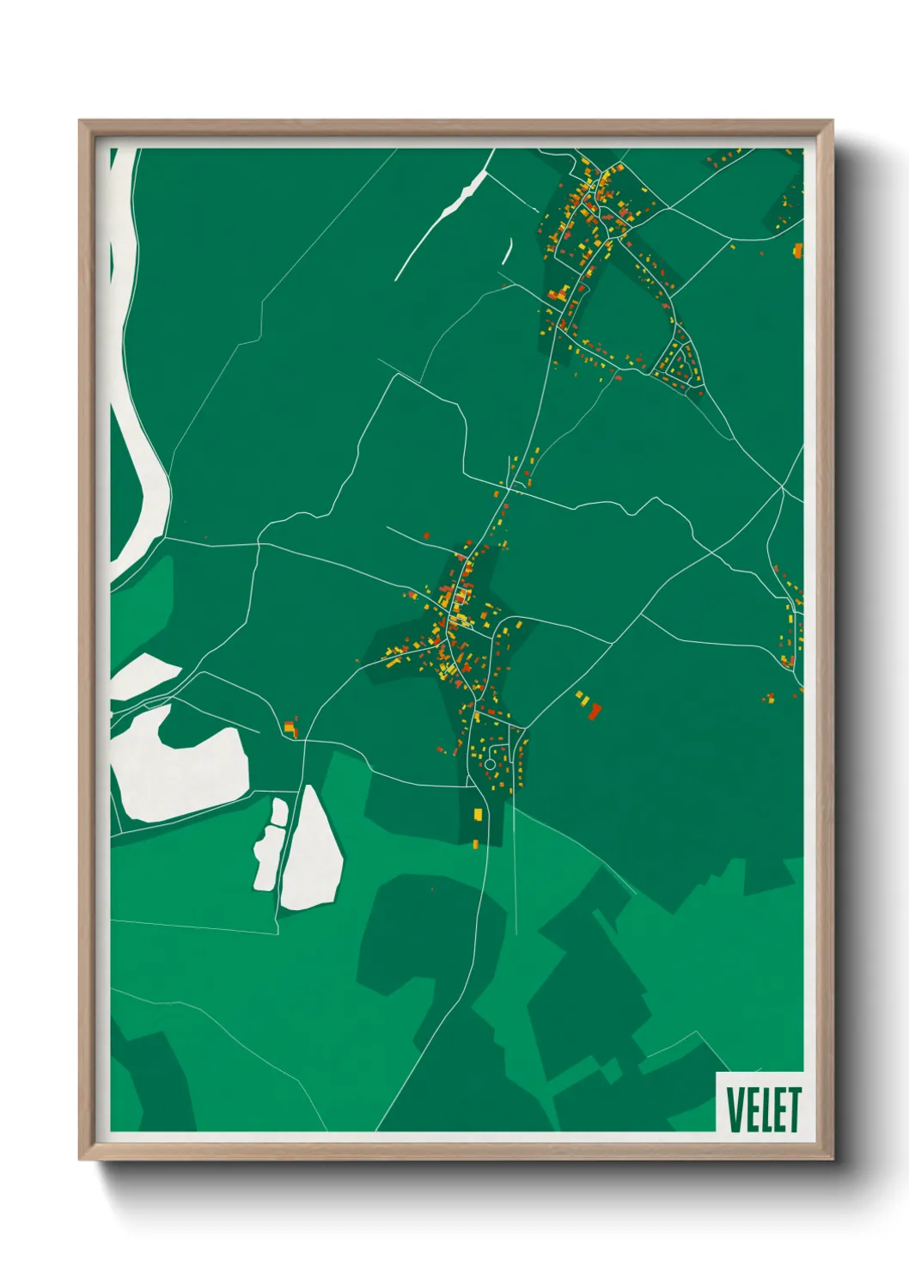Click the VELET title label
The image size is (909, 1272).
pos(762,1109)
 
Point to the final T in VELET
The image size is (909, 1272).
pos(793,1109)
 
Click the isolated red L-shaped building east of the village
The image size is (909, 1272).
pos(595,710)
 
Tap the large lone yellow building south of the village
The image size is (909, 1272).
pos(479,813)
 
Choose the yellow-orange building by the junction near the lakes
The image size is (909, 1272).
pos(290,729)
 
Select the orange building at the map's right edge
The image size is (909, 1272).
pos(798,250)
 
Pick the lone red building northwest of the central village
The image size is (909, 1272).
pos(426,535)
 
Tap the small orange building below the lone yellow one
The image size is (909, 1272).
pos(475,844)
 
